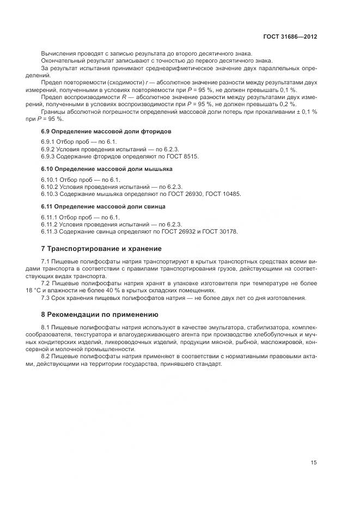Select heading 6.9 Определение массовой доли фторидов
106,132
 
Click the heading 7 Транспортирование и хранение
101,249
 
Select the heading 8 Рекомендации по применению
100,314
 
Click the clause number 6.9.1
49,142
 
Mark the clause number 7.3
46,298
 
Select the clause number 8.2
46,355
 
